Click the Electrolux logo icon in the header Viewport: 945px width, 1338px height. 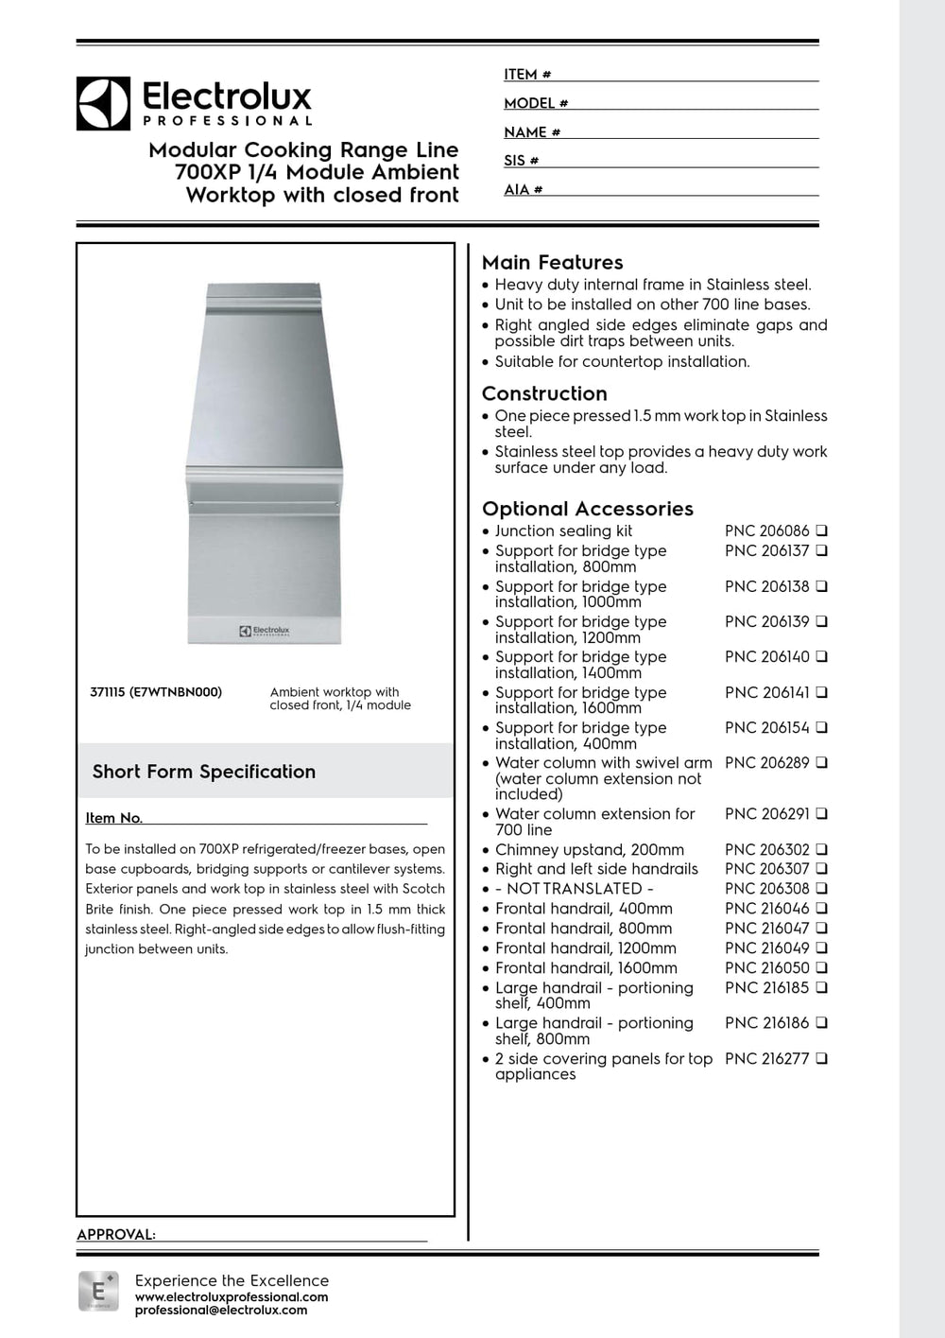103,103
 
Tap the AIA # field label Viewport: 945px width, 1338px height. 523,190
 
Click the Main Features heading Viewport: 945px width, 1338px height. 552,263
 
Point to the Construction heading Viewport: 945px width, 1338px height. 544,393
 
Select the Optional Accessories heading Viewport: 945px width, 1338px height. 587,509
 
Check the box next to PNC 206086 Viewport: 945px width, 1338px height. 821,530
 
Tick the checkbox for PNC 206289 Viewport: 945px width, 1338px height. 821,762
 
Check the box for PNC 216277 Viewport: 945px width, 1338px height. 821,1058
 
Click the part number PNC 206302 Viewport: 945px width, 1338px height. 766,850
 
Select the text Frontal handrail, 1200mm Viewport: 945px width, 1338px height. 585,948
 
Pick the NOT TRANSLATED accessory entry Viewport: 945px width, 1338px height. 575,889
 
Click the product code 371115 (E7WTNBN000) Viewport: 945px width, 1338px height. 156,692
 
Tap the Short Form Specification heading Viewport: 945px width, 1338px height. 204,772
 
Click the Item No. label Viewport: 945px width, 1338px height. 113,818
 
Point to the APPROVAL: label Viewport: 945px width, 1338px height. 115,1234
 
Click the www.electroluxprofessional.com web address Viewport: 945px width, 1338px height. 232,1297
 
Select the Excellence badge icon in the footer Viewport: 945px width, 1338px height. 98,1291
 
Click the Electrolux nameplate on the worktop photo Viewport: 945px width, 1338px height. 265,631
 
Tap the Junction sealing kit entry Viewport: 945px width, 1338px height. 563,531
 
